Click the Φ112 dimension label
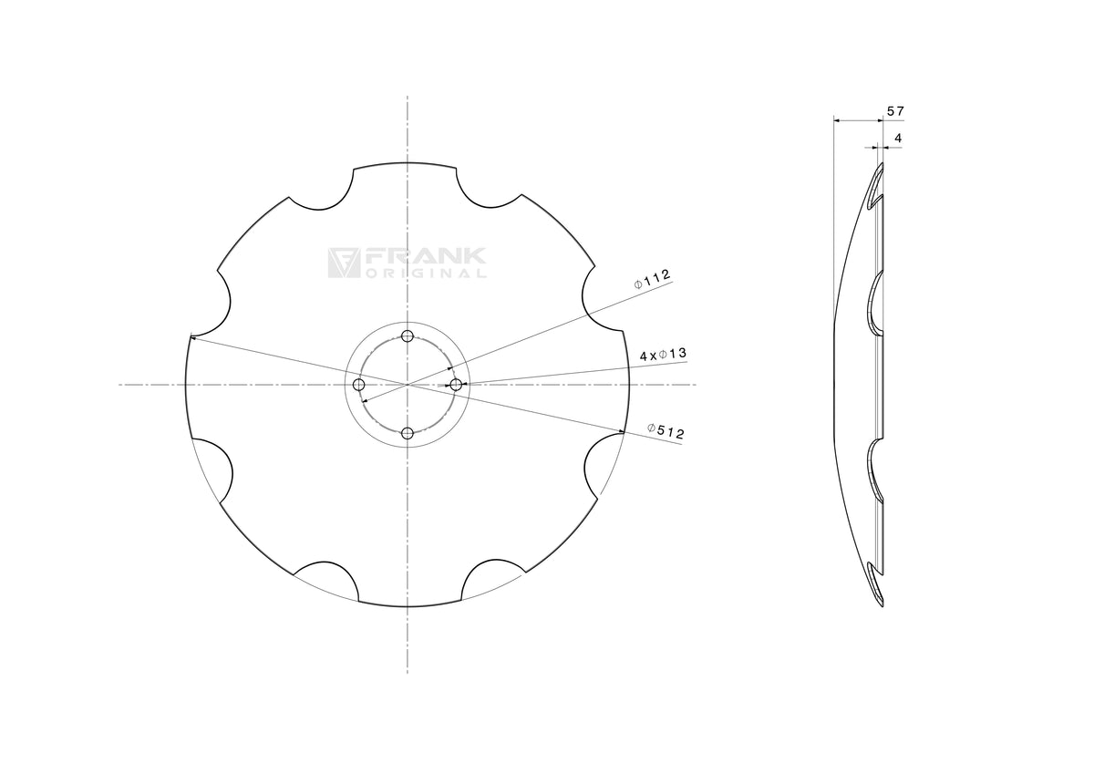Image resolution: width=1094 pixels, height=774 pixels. [652, 279]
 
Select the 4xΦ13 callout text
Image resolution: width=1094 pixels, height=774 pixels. [663, 355]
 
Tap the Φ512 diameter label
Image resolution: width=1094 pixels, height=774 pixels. [666, 430]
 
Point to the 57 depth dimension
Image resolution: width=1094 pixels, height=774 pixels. [895, 111]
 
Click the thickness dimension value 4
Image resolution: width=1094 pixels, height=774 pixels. [898, 139]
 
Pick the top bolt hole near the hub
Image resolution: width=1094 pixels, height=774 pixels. [408, 336]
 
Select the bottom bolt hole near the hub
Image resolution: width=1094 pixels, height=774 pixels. [408, 433]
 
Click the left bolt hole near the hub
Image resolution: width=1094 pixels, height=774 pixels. [359, 385]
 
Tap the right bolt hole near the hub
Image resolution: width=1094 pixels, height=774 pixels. [456, 385]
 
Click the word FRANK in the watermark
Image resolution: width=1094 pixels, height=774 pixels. [425, 256]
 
